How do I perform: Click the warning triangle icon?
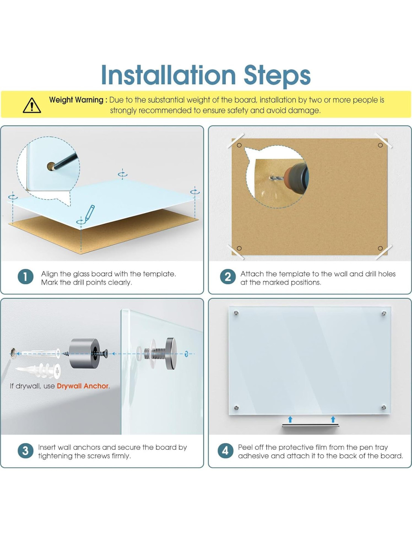pyautogui.click(x=32, y=105)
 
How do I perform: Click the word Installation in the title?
pyautogui.click(x=169, y=75)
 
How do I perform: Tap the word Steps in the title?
pyautogui.click(x=277, y=76)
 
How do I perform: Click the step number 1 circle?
pyautogui.click(x=25, y=277)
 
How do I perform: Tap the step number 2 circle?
pyautogui.click(x=228, y=277)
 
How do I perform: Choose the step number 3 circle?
pyautogui.click(x=25, y=451)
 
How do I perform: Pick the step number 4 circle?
pyautogui.click(x=225, y=451)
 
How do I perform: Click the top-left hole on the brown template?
pyautogui.click(x=239, y=145)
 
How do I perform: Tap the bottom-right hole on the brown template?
pyautogui.click(x=380, y=248)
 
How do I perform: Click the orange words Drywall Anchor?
pyautogui.click(x=83, y=386)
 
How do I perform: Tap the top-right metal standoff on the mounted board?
pyautogui.click(x=384, y=313)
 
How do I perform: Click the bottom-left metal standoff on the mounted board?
pyautogui.click(x=236, y=407)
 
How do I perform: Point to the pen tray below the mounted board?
pyautogui.click(x=311, y=425)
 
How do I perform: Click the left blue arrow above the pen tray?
pyautogui.click(x=290, y=419)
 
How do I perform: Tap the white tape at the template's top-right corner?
pyautogui.click(x=383, y=141)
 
